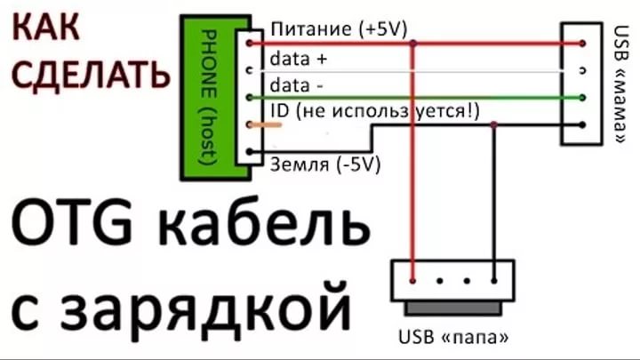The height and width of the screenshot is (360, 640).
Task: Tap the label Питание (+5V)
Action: (339, 29)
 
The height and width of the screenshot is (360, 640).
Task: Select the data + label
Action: (299, 60)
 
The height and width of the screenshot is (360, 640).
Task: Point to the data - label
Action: (296, 85)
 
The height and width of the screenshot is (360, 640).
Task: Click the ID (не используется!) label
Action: (375, 111)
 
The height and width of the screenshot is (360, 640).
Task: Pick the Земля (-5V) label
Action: (325, 164)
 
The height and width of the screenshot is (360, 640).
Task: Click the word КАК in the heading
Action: (45, 27)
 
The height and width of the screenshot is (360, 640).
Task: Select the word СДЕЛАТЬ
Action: (90, 74)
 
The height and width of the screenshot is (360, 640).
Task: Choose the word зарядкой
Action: (180, 306)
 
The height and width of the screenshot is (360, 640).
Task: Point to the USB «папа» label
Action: (453, 337)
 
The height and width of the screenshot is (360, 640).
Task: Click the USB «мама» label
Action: (620, 84)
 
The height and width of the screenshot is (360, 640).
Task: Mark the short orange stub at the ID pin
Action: (265, 125)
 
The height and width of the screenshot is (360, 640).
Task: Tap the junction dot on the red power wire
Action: (413, 43)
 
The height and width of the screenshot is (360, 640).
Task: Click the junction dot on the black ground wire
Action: (494, 124)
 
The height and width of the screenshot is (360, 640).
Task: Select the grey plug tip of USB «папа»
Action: (453, 308)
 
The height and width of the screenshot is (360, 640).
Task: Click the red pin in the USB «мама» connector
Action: (582, 44)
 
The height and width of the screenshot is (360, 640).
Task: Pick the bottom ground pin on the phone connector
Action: (250, 152)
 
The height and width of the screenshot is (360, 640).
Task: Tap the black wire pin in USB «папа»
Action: (494, 281)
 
